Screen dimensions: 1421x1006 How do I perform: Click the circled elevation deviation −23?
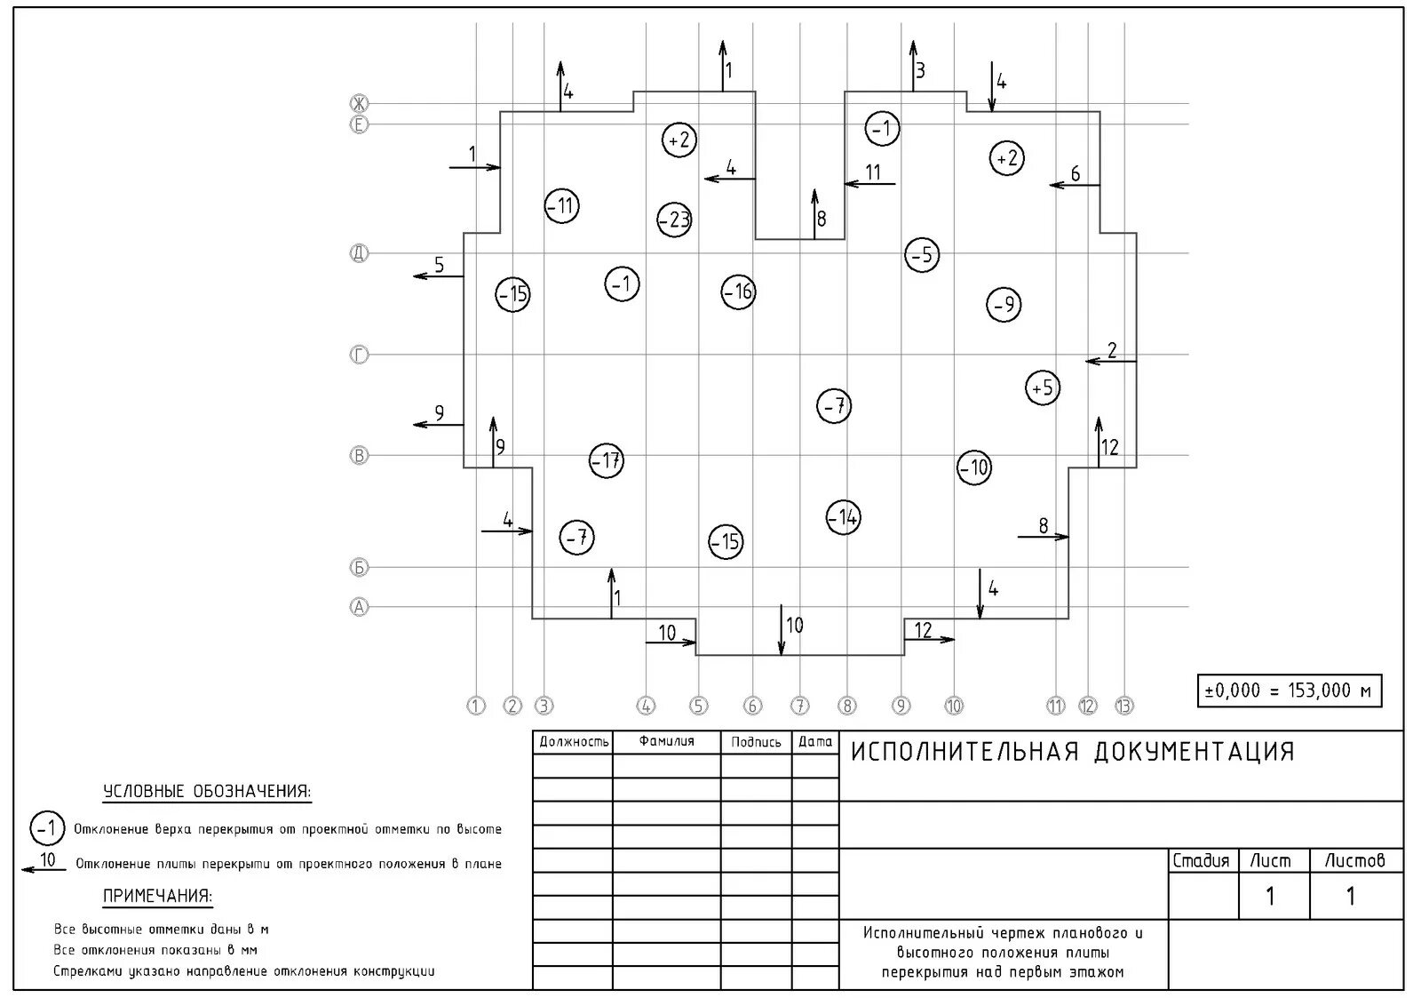(x=675, y=220)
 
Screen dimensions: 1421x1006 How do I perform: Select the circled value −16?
(x=738, y=291)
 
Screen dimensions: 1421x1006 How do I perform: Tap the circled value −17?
(x=607, y=460)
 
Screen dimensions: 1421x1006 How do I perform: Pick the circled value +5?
(x=1043, y=388)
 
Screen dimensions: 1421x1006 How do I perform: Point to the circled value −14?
(x=843, y=517)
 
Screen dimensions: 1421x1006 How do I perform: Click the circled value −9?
(x=1004, y=305)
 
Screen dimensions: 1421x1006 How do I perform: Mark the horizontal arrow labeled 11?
(x=869, y=184)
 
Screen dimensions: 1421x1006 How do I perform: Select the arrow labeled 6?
(x=1075, y=185)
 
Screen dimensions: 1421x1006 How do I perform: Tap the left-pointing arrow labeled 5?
(x=439, y=276)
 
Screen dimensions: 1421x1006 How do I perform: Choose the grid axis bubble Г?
(x=359, y=355)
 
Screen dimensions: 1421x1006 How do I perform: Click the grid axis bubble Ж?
(x=359, y=103)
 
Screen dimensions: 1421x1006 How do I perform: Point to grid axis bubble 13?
(x=1123, y=707)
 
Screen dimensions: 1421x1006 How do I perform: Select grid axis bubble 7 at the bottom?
(x=800, y=707)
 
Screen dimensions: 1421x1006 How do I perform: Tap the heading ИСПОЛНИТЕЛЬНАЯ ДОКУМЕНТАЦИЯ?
(x=1073, y=752)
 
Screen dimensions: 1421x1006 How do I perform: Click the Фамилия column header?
(x=666, y=741)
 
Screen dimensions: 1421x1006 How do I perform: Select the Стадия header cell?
(x=1201, y=860)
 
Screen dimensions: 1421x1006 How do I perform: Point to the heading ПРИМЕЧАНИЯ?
(x=158, y=896)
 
